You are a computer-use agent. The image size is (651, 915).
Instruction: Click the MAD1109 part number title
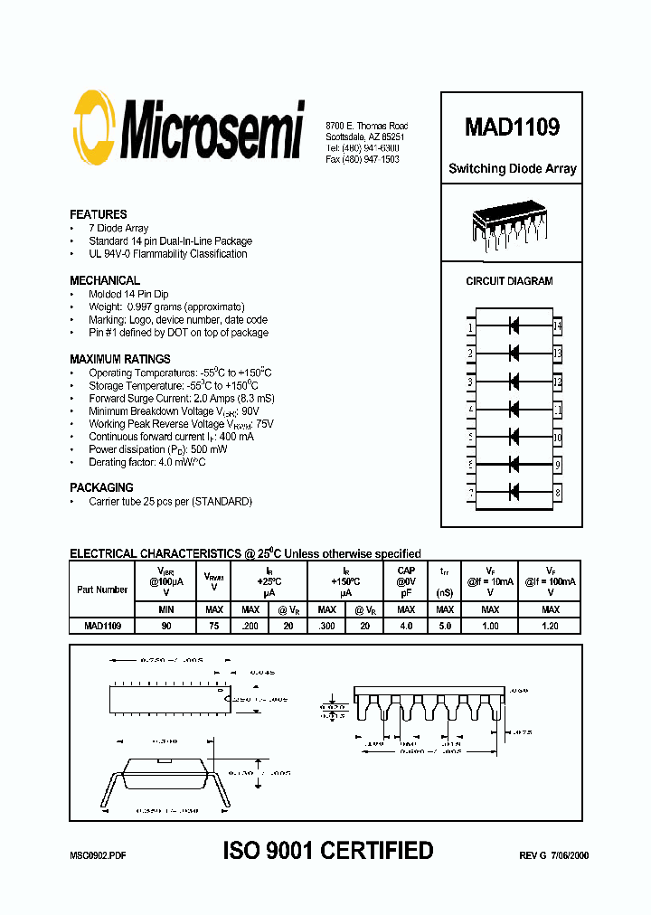click(x=512, y=127)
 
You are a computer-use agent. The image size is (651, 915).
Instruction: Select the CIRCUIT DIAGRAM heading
click(x=509, y=281)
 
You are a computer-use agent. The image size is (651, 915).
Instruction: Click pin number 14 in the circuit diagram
click(x=558, y=325)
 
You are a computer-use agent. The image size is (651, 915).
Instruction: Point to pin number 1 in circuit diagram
click(x=471, y=326)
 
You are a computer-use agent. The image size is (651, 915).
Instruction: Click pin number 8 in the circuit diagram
click(x=558, y=494)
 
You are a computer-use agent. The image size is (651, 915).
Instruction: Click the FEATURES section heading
click(x=99, y=215)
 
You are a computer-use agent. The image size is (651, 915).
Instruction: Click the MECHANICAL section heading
click(x=105, y=280)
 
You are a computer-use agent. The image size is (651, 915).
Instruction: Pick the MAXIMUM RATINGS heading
click(x=120, y=359)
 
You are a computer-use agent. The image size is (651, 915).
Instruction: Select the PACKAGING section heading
click(x=102, y=487)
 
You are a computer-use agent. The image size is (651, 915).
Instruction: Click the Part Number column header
click(x=102, y=590)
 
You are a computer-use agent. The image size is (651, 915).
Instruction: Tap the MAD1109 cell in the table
click(x=102, y=626)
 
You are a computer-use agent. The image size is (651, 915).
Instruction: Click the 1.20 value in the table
click(x=549, y=626)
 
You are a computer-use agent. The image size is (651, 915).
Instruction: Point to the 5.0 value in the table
click(x=444, y=626)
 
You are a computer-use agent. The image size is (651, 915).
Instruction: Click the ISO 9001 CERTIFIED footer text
click(x=328, y=851)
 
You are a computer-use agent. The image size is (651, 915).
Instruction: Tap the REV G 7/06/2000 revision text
click(x=553, y=854)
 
